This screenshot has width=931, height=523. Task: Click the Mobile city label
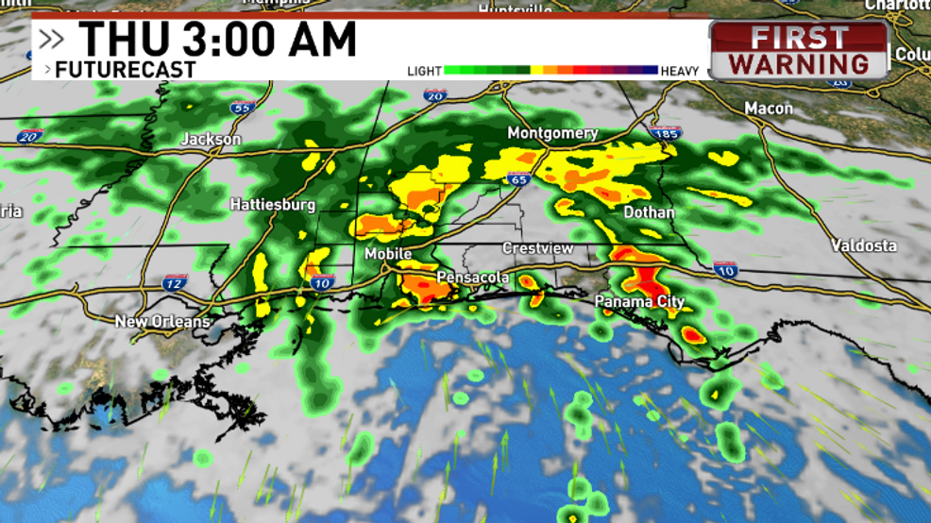[x=388, y=254]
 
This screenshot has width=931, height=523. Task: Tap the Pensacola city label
[x=472, y=278]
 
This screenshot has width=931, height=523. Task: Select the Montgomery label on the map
[x=552, y=133]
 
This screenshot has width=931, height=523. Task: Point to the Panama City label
[x=639, y=302]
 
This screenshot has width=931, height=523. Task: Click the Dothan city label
[x=649, y=212]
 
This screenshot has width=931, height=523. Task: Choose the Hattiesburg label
[x=272, y=204]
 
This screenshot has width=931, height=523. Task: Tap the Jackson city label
[x=211, y=139]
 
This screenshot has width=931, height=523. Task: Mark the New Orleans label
[x=162, y=322]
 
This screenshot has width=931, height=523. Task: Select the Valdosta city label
[x=864, y=245]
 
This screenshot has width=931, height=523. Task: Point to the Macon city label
[x=769, y=109]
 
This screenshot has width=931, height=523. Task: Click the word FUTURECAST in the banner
[x=125, y=70]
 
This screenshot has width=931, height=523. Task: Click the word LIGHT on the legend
[x=424, y=71]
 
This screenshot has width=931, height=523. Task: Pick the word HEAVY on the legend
[x=680, y=71]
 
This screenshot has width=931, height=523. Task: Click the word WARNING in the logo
[x=799, y=64]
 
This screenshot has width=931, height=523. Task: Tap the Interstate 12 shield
[x=175, y=281]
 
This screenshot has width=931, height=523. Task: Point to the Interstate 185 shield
[x=665, y=135]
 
